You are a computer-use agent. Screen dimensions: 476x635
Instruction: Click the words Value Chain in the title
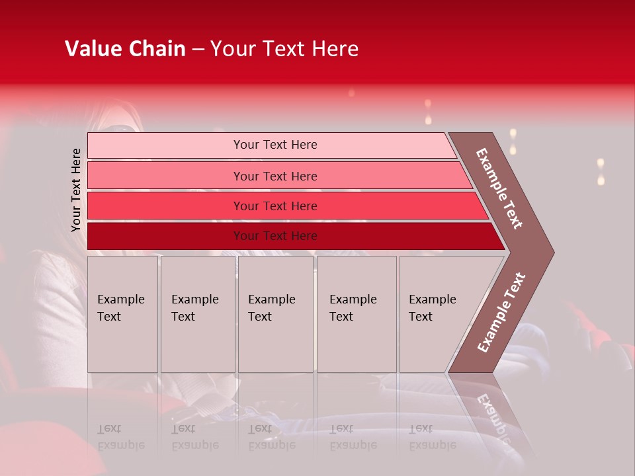pyautogui.click(x=125, y=49)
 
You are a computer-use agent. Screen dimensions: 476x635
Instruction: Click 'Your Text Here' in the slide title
pyautogui.click(x=284, y=49)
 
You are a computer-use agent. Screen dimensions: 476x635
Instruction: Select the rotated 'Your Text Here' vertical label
pyautogui.click(x=76, y=190)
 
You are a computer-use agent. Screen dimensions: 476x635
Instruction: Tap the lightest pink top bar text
pyautogui.click(x=275, y=145)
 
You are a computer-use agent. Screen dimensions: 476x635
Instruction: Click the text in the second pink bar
pyautogui.click(x=275, y=176)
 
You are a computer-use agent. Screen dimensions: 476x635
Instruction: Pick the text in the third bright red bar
pyautogui.click(x=275, y=206)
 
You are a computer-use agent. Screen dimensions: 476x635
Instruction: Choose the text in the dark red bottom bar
pyautogui.click(x=275, y=236)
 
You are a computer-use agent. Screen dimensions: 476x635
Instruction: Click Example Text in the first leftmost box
pyautogui.click(x=120, y=308)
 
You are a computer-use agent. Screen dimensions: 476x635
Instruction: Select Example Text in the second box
pyautogui.click(x=194, y=308)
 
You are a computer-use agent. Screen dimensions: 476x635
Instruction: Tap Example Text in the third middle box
pyautogui.click(x=271, y=308)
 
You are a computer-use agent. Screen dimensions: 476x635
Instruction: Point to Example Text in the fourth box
pyautogui.click(x=353, y=308)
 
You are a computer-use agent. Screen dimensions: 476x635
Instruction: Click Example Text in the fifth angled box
pyautogui.click(x=432, y=308)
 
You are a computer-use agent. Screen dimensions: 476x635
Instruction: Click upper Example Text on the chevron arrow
pyautogui.click(x=499, y=188)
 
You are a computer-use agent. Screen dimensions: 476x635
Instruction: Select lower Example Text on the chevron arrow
pyautogui.click(x=501, y=313)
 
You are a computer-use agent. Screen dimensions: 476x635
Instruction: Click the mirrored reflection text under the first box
pyautogui.click(x=120, y=437)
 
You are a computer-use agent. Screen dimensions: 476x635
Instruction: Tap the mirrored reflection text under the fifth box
pyautogui.click(x=432, y=437)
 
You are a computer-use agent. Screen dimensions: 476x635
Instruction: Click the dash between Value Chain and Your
pyautogui.click(x=198, y=50)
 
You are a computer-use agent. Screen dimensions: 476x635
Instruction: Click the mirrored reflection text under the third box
pyautogui.click(x=271, y=437)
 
